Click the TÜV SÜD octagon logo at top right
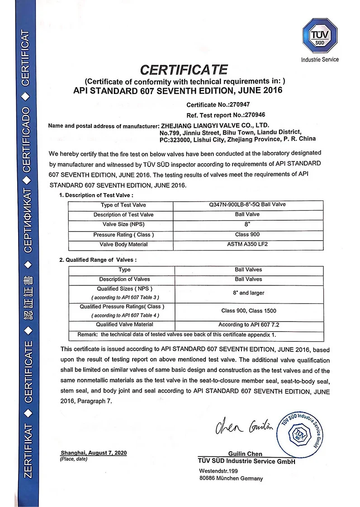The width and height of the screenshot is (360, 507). click(x=320, y=35)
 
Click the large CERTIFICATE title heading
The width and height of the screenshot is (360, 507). click(x=184, y=70)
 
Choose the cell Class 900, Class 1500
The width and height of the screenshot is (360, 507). click(x=248, y=311)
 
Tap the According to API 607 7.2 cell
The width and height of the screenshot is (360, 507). click(x=248, y=325)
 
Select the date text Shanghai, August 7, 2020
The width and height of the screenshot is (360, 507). click(x=94, y=453)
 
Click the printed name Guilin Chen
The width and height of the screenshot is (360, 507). click(x=245, y=454)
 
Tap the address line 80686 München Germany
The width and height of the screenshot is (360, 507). click(x=231, y=479)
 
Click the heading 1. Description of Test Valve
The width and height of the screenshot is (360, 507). click(x=96, y=195)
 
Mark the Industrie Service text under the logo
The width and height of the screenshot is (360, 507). click(x=320, y=60)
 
